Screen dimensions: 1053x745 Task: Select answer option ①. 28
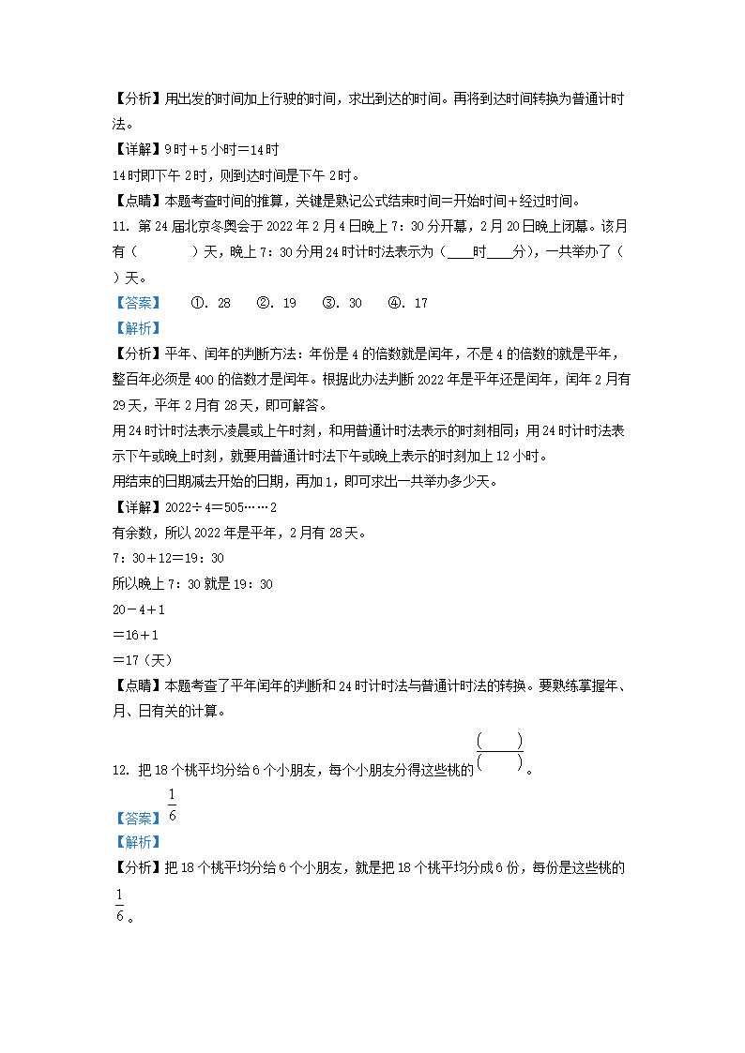(x=211, y=303)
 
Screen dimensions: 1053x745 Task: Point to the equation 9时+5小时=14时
(x=221, y=150)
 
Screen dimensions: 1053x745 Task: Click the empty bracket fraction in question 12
(x=499, y=752)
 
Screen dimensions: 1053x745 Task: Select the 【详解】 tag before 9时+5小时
(x=136, y=150)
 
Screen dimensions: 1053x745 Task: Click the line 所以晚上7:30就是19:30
(x=192, y=583)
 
